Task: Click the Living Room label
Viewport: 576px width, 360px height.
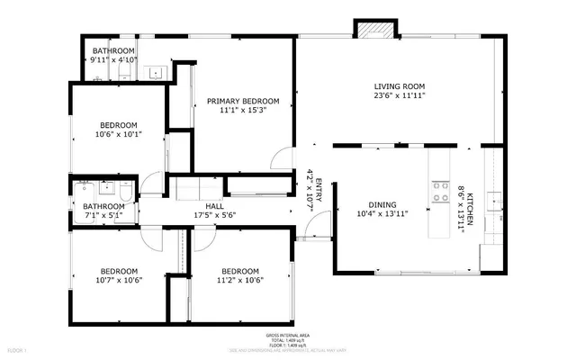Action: click(x=400, y=86)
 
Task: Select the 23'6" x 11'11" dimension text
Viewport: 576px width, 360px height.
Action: click(x=400, y=95)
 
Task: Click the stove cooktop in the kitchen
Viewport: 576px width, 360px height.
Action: click(x=441, y=191)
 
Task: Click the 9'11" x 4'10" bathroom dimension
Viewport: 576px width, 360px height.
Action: click(x=112, y=59)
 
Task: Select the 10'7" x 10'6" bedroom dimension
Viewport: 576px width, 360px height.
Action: click(x=119, y=280)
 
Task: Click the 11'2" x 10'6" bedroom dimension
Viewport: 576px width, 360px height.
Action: click(x=239, y=280)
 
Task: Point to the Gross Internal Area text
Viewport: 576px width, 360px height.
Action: click(x=288, y=333)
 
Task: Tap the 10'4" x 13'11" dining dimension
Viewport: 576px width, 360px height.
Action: click(x=382, y=213)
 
